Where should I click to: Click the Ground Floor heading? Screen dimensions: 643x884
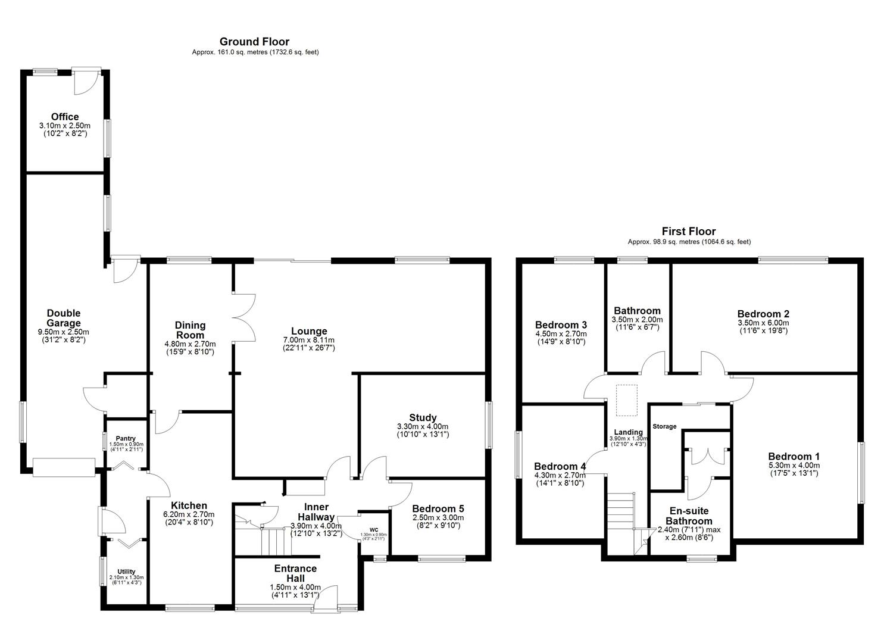pyautogui.click(x=254, y=42)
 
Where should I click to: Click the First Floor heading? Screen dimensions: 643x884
pyautogui.click(x=689, y=232)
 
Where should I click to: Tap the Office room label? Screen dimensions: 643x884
pyautogui.click(x=65, y=117)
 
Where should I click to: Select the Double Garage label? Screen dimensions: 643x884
pyautogui.click(x=64, y=318)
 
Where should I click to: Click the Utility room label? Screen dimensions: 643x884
pyautogui.click(x=126, y=572)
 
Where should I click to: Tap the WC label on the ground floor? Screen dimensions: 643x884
pyautogui.click(x=373, y=529)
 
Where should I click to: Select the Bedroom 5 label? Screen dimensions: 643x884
pyautogui.click(x=438, y=508)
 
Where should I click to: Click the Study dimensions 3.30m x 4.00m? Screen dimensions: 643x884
pyautogui.click(x=423, y=427)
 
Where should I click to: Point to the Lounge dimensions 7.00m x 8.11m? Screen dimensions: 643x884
pyautogui.click(x=309, y=340)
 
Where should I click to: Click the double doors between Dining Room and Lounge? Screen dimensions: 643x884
pyautogui.click(x=244, y=317)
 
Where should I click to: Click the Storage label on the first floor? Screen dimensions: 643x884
pyautogui.click(x=664, y=426)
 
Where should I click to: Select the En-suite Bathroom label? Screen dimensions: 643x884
pyautogui.click(x=689, y=516)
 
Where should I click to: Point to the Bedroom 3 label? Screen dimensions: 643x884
pyautogui.click(x=561, y=325)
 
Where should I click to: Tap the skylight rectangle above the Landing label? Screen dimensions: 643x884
pyautogui.click(x=626, y=399)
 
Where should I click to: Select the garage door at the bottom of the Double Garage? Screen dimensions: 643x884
pyautogui.click(x=64, y=467)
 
